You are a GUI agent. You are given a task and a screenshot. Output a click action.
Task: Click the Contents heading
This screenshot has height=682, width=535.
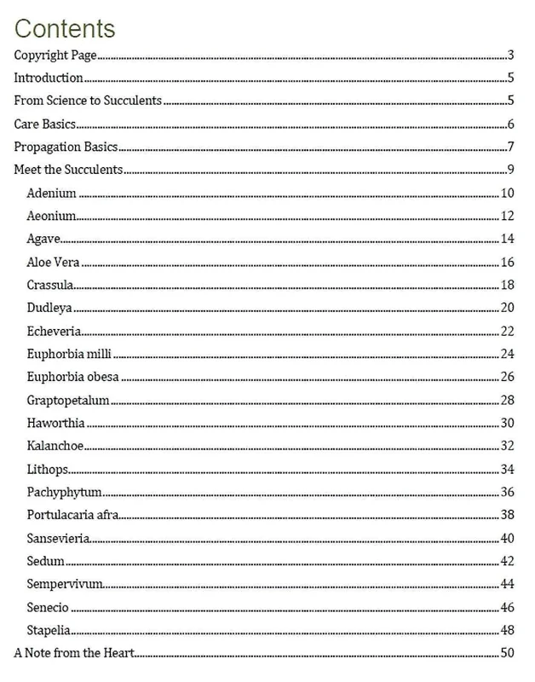pyautogui.click(x=65, y=28)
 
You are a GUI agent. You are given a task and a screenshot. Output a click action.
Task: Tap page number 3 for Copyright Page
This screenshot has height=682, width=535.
pyautogui.click(x=510, y=56)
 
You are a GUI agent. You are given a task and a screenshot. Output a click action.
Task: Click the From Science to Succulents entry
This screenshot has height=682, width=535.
pyautogui.click(x=88, y=101)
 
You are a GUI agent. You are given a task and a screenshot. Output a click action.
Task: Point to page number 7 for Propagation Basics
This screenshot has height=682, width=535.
pyautogui.click(x=510, y=147)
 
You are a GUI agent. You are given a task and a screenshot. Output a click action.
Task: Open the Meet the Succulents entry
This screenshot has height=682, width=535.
pyautogui.click(x=69, y=169)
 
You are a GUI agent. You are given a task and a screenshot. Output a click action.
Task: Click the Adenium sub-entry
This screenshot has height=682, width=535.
pyautogui.click(x=51, y=193)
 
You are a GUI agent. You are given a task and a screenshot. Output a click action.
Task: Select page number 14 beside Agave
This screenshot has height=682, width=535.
pyautogui.click(x=508, y=239)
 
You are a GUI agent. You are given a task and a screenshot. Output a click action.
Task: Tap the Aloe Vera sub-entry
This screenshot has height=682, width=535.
pyautogui.click(x=53, y=262)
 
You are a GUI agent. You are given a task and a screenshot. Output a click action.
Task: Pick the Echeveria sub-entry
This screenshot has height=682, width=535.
pyautogui.click(x=55, y=331)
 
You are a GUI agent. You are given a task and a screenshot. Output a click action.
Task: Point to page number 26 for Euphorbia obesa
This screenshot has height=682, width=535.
pyautogui.click(x=508, y=377)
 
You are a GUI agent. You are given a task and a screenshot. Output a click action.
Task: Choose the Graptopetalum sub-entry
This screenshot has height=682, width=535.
pyautogui.click(x=67, y=401)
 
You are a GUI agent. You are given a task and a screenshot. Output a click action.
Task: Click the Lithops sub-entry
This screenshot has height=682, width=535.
pyautogui.click(x=48, y=470)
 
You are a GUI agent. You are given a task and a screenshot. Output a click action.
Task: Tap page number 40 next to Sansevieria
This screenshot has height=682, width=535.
pyautogui.click(x=508, y=539)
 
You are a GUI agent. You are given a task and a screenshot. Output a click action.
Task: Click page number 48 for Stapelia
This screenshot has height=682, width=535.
pyautogui.click(x=508, y=631)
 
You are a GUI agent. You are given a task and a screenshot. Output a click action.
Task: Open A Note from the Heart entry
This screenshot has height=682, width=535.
pyautogui.click(x=74, y=654)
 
